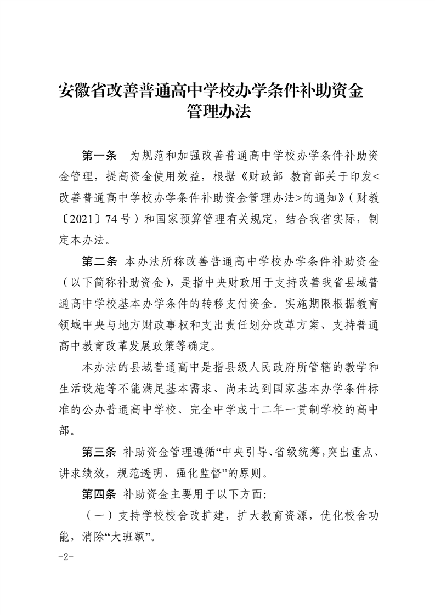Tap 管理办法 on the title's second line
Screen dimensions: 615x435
(x=218, y=112)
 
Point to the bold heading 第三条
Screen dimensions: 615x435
(x=99, y=452)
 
